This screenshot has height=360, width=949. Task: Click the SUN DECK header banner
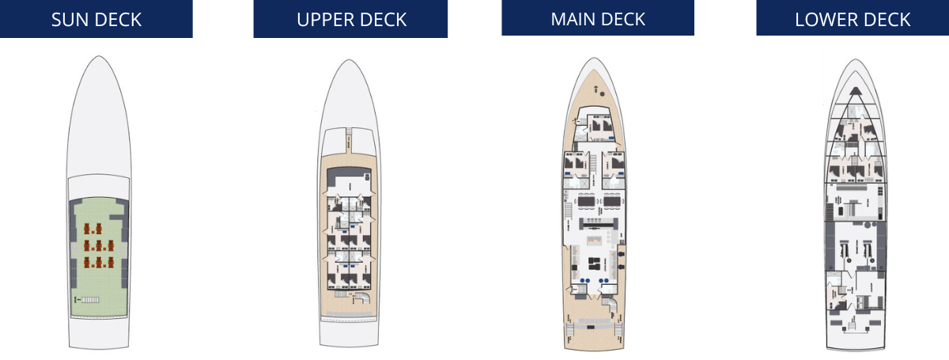tap(96, 19)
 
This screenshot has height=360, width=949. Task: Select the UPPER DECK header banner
tap(350, 19)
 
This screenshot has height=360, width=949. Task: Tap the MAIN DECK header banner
tap(598, 17)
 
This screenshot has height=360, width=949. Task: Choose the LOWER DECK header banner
tap(853, 18)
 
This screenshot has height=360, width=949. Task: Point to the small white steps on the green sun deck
tap(91, 300)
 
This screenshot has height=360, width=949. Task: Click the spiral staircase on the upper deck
tap(361, 299)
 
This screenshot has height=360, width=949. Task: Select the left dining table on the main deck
tap(586, 202)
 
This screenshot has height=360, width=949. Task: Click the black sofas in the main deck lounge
tap(599, 264)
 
